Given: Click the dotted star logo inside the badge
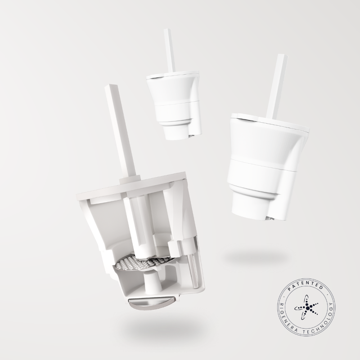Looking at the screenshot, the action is (306, 307).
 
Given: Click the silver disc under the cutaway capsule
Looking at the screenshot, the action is (152, 303).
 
